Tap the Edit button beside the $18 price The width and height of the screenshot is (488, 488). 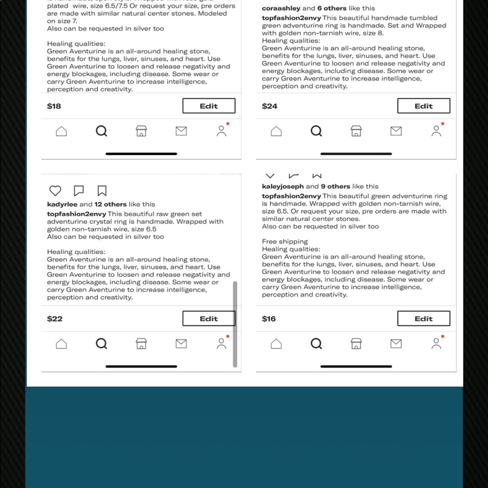[x=208, y=106]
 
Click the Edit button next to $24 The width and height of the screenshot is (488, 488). [x=423, y=106]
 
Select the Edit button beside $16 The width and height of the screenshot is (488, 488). [x=423, y=319]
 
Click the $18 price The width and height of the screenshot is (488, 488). [x=54, y=106]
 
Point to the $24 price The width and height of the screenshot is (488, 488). [x=269, y=106]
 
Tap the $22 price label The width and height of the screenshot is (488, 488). [x=55, y=319]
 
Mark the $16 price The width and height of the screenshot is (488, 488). [x=269, y=319]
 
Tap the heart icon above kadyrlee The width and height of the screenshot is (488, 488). [x=55, y=191]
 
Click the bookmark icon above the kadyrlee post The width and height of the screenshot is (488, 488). [x=102, y=191]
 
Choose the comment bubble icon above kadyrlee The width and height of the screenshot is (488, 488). [x=79, y=191]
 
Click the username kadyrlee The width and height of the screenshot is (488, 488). [x=62, y=204]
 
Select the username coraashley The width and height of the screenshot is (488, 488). [x=281, y=8]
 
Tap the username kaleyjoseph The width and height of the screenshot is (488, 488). [x=283, y=186]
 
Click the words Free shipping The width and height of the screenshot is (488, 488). [x=285, y=242]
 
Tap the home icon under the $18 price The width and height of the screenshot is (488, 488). [x=61, y=131]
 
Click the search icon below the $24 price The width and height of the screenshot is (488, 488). [x=316, y=131]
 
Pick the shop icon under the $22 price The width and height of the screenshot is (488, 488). [x=141, y=344]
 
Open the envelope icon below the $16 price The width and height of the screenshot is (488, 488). [x=396, y=344]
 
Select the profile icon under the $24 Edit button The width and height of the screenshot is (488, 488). [x=436, y=131]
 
